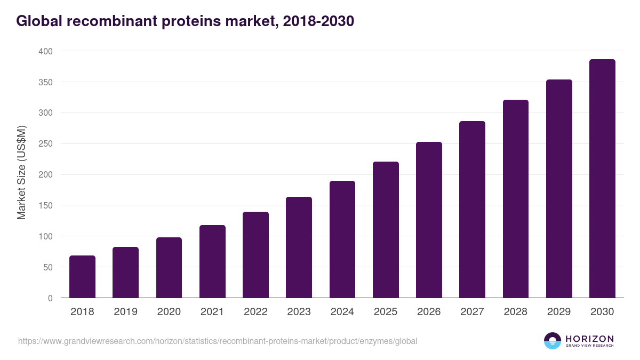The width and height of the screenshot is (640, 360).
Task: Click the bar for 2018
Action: (x=82, y=277)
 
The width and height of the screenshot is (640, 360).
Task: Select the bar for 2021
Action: (x=212, y=261)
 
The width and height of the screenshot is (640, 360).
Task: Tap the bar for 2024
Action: (x=342, y=239)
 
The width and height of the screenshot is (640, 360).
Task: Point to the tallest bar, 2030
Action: (x=602, y=179)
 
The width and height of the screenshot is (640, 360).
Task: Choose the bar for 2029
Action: (x=559, y=189)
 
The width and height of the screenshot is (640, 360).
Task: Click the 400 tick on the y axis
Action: (x=45, y=51)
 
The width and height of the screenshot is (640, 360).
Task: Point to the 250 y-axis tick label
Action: (x=45, y=144)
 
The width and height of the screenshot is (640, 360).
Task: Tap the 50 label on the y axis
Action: (x=47, y=267)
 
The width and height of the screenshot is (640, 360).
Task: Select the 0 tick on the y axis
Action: (x=50, y=298)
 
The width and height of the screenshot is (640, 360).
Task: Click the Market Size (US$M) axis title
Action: (x=21, y=172)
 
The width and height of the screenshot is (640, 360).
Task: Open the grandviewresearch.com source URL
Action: (x=218, y=341)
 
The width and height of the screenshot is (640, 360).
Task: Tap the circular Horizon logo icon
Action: (x=552, y=341)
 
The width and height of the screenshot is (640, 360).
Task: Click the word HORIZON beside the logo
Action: (x=589, y=339)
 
